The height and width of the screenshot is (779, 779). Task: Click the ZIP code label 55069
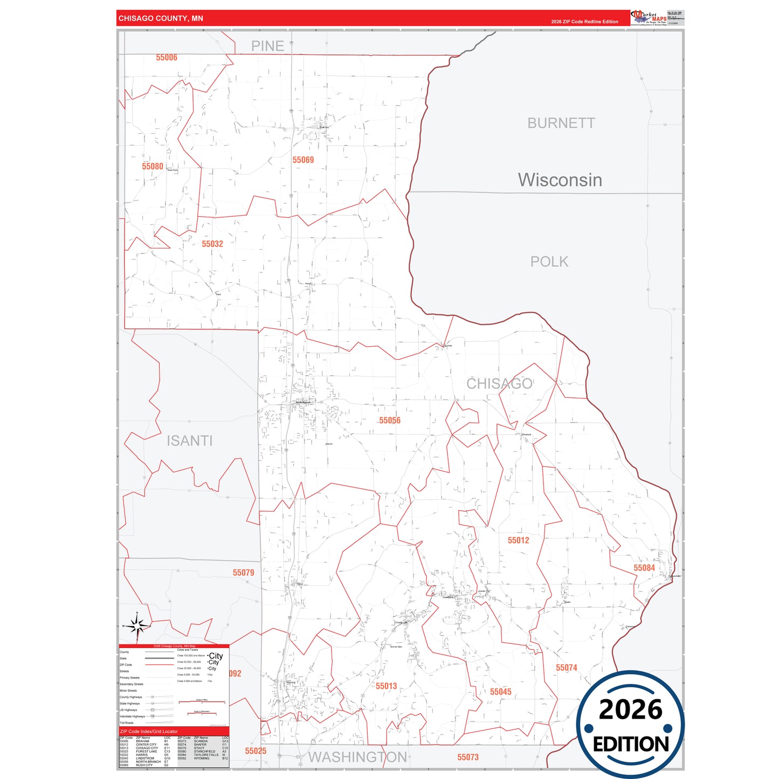pyautogui.click(x=303, y=160)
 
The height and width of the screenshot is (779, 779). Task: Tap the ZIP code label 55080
pyautogui.click(x=153, y=167)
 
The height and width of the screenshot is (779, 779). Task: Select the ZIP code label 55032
pyautogui.click(x=212, y=244)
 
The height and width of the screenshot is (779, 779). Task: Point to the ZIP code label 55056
pyautogui.click(x=390, y=420)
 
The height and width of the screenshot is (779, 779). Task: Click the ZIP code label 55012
pyautogui.click(x=519, y=540)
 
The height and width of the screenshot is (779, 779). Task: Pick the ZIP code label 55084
pyautogui.click(x=644, y=568)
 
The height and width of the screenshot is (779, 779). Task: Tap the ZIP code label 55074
pyautogui.click(x=567, y=668)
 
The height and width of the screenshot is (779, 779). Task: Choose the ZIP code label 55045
pyautogui.click(x=501, y=692)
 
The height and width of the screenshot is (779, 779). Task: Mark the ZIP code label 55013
pyautogui.click(x=387, y=686)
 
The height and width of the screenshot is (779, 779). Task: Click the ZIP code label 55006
pyautogui.click(x=167, y=58)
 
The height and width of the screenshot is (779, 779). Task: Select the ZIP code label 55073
pyautogui.click(x=468, y=757)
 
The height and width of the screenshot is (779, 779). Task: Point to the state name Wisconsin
pyautogui.click(x=560, y=180)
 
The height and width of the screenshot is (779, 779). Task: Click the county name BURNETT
pyautogui.click(x=561, y=123)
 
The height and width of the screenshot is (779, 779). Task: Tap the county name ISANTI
pyautogui.click(x=189, y=441)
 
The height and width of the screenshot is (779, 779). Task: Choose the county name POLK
pyautogui.click(x=549, y=262)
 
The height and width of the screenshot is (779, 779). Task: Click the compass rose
pyautogui.click(x=137, y=626)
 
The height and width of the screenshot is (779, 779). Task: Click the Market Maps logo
pyautogui.click(x=650, y=17)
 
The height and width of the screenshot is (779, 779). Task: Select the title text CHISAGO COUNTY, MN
pyautogui.click(x=161, y=18)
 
